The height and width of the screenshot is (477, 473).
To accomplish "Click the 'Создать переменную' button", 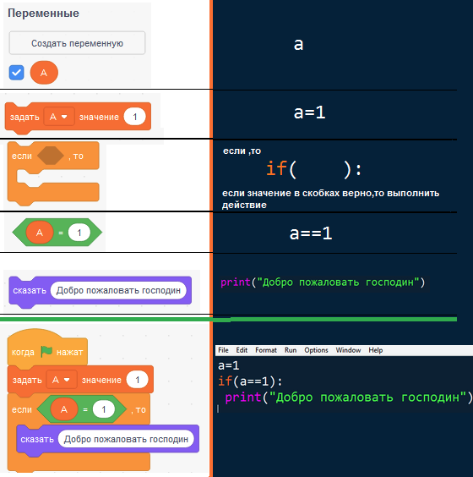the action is pos(77,43).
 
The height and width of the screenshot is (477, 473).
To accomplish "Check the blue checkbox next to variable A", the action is pos(16,73).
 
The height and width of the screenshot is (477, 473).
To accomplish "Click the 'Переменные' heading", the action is pos(43,13).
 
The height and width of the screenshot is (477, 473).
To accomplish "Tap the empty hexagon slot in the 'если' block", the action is pos(51,156).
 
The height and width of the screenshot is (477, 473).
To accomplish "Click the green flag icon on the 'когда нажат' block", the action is pos(46,351).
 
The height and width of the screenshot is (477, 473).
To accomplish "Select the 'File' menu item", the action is pos(223,350).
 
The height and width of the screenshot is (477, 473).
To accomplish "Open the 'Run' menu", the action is pos(291,350).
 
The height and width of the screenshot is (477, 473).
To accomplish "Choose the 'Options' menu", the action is pos(316,350).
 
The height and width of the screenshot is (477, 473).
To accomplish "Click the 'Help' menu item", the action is pos(376,350).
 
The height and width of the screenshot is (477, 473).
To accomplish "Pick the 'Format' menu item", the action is pos(266,350).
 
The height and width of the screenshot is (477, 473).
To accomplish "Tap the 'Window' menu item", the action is pos(348,350).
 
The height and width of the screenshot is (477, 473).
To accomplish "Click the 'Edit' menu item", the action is pos(242,350).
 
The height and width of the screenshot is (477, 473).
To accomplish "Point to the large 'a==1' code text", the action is pos(311,233).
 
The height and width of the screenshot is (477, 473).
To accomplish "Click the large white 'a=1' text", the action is pos(309,112).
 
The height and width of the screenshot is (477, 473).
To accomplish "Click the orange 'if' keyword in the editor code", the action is pos(226,381).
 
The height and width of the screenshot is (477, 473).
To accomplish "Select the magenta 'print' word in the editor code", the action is pos(243,397).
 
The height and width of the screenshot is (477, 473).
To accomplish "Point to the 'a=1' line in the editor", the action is pos(229,365).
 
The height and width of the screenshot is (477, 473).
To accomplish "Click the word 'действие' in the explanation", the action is pos(244,205).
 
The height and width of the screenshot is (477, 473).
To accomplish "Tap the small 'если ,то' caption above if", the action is pos(242,151).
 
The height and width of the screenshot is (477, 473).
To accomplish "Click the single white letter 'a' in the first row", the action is pos(298,45).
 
